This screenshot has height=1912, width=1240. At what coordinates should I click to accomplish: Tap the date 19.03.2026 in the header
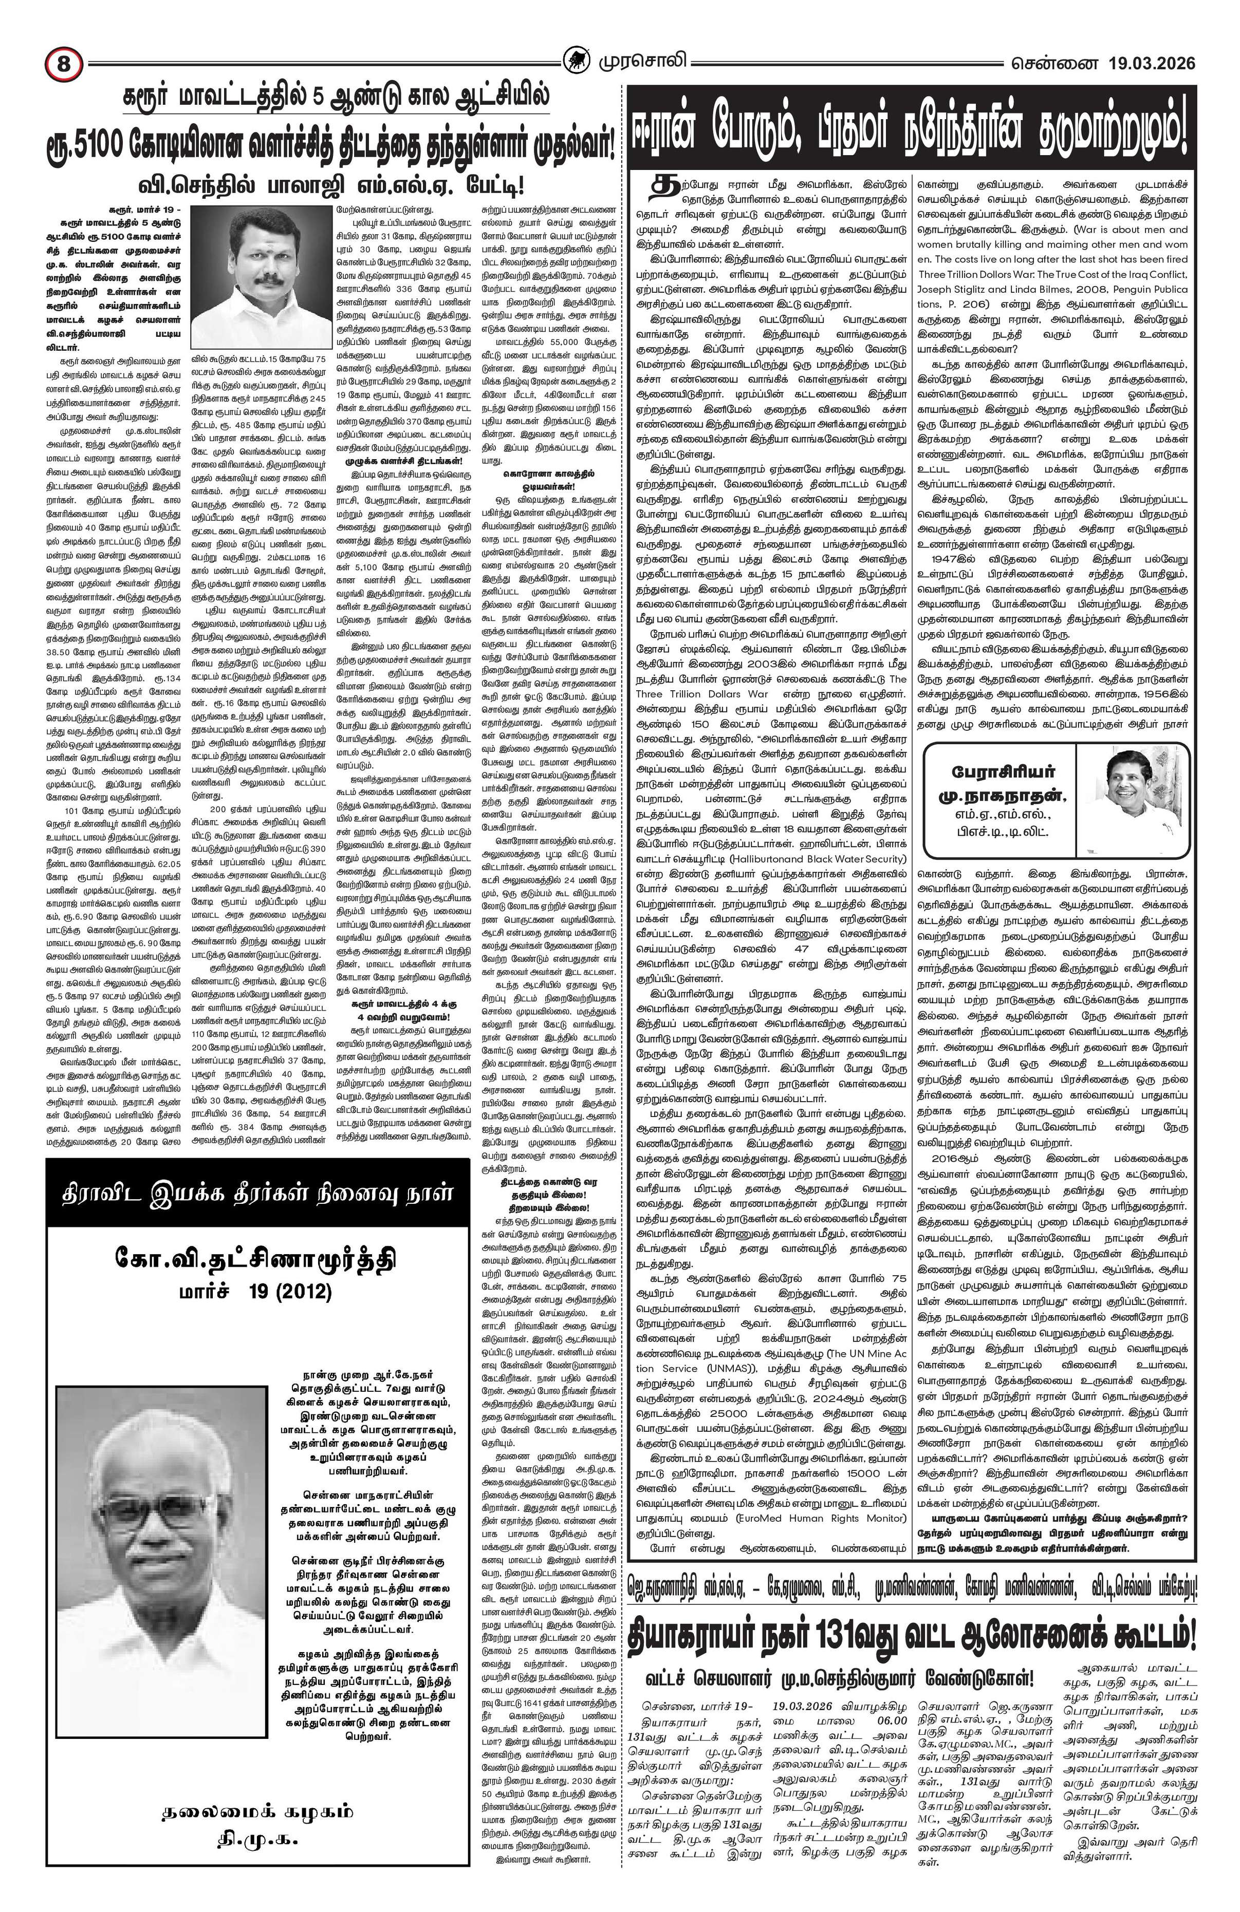[x=1151, y=63]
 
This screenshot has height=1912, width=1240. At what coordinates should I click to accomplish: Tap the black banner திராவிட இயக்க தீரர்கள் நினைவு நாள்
[x=257, y=1192]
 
